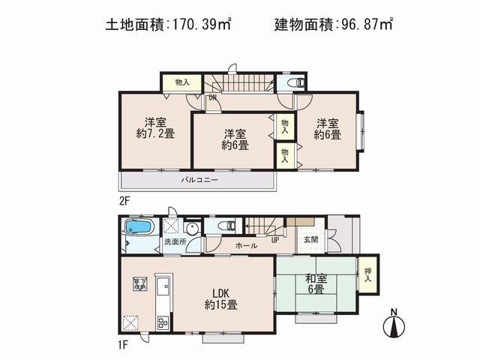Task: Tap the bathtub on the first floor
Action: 139,226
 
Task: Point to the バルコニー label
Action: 199,181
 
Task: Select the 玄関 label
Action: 310,240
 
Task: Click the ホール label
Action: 247,245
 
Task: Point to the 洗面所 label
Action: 175,243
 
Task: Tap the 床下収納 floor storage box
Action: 139,283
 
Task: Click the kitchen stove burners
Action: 163,323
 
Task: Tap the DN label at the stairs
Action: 213,97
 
